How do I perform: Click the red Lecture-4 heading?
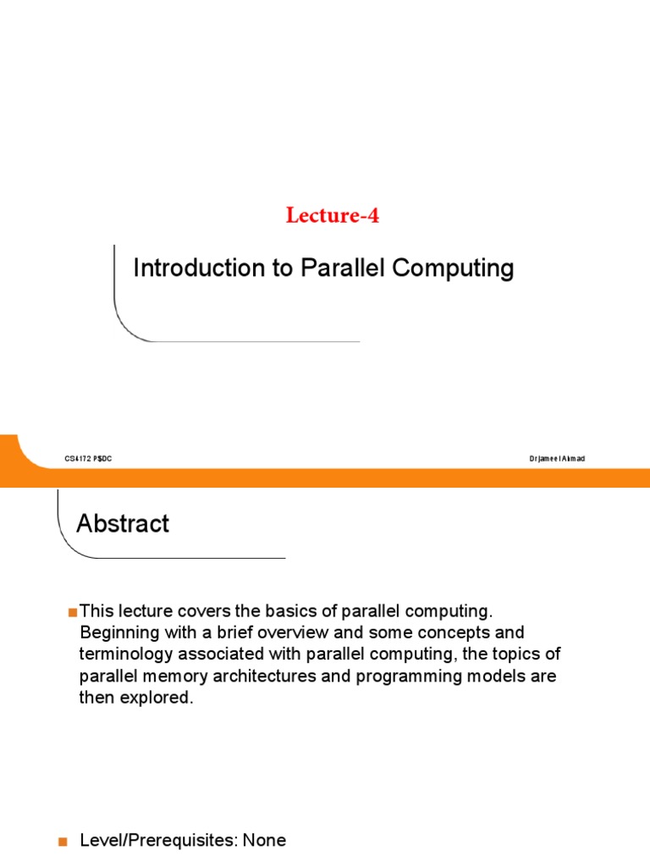click(x=333, y=216)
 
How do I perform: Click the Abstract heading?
click(x=123, y=524)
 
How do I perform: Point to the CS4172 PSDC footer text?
click(x=88, y=459)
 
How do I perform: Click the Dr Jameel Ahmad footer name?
click(x=556, y=459)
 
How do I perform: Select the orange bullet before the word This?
click(x=73, y=611)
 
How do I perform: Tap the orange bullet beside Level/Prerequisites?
click(x=61, y=842)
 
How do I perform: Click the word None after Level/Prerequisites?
click(x=264, y=841)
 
